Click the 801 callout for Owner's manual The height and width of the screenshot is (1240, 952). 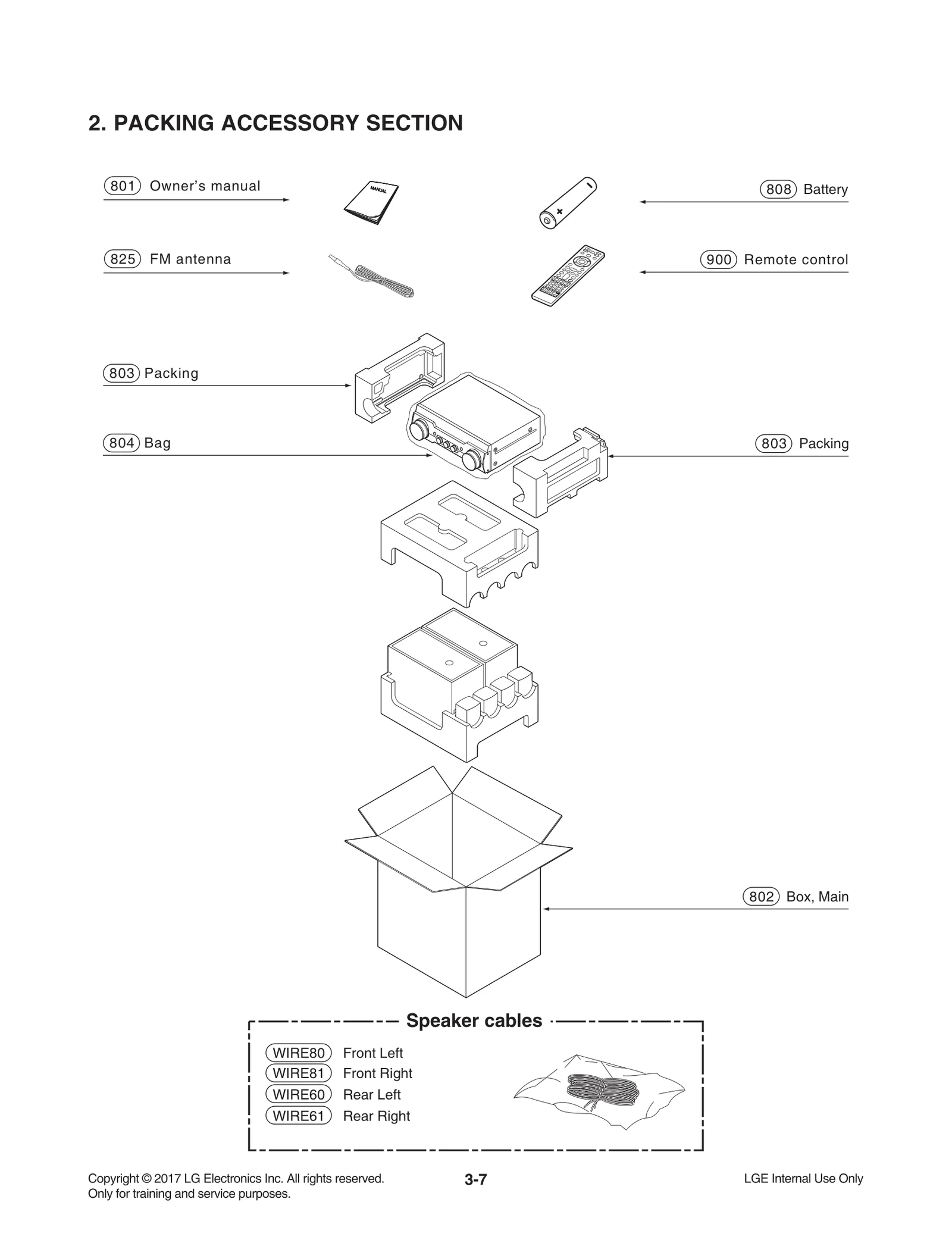(x=122, y=186)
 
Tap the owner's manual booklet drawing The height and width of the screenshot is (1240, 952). (x=371, y=202)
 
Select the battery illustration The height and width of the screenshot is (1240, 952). (x=566, y=203)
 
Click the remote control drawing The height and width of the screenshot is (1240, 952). (x=568, y=275)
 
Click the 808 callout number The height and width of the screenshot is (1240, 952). (x=778, y=190)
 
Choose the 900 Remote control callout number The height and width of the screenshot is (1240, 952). (x=719, y=260)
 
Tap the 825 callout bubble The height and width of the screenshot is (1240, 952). (x=122, y=259)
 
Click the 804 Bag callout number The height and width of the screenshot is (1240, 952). (x=121, y=443)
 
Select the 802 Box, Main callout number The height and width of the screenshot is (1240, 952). (x=761, y=897)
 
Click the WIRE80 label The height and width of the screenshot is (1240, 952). (x=298, y=1053)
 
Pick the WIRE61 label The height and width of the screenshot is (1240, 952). (x=298, y=1116)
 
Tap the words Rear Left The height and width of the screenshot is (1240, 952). (x=372, y=1094)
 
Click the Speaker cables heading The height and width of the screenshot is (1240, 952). (x=474, y=1020)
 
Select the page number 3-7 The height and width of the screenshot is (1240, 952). (x=475, y=1179)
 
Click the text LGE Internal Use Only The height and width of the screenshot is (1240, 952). (x=803, y=1178)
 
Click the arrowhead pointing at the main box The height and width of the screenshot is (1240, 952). (x=546, y=909)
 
